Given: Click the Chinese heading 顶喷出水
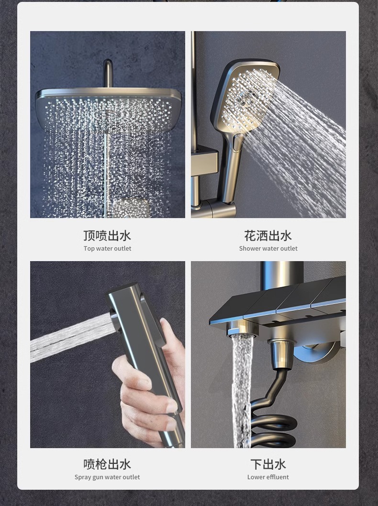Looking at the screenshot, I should [107, 235].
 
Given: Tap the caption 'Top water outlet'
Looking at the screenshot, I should [107, 248].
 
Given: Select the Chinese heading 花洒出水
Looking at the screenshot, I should [268, 235].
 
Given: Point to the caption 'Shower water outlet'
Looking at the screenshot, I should [268, 248].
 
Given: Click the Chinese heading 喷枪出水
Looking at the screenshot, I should [107, 464].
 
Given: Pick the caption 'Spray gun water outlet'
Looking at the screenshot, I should [107, 477].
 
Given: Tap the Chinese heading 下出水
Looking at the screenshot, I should [268, 464].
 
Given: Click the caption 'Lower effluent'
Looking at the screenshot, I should [268, 477].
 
